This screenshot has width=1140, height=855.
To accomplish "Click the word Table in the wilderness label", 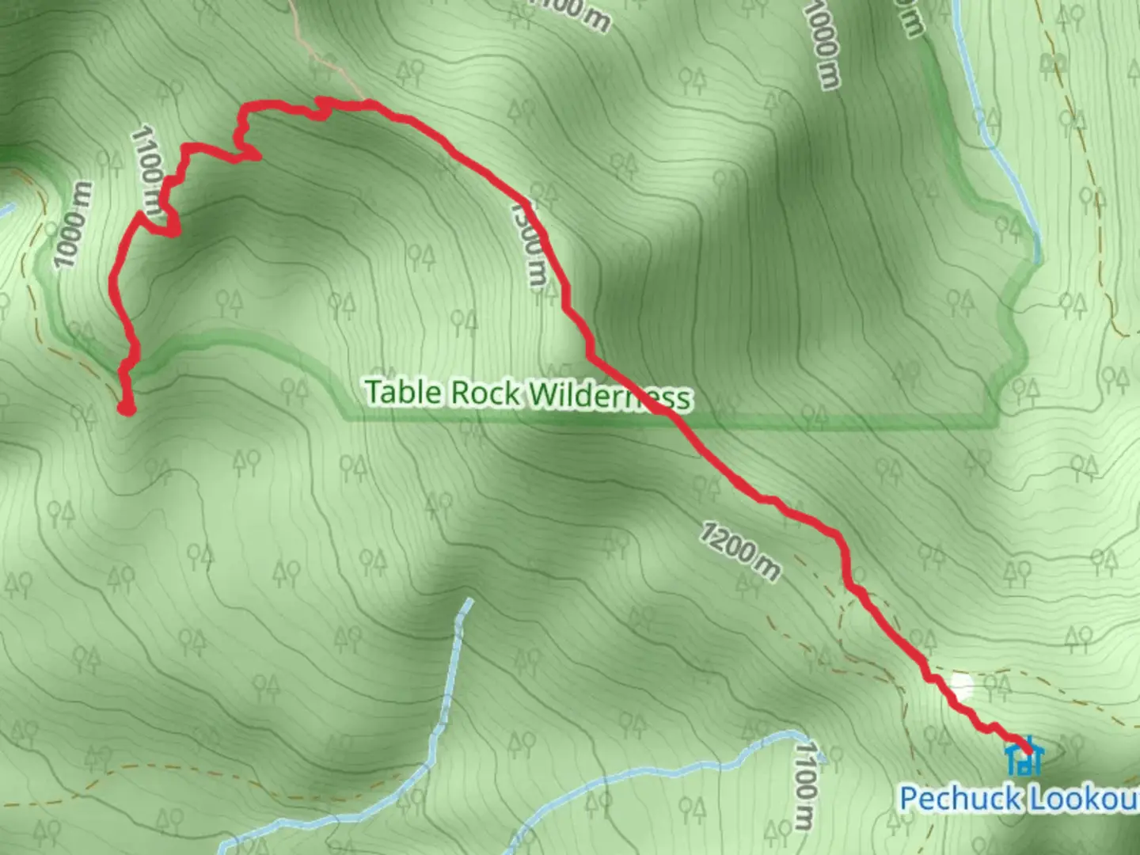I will (401, 392).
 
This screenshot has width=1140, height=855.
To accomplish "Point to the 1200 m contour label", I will (739, 550).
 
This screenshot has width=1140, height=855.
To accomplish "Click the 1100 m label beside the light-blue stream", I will (805, 783).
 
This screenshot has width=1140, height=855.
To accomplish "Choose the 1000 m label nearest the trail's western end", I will (74, 225).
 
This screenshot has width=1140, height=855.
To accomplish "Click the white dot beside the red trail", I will (961, 687).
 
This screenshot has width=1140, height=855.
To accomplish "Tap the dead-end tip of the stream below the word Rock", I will (467, 603).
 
